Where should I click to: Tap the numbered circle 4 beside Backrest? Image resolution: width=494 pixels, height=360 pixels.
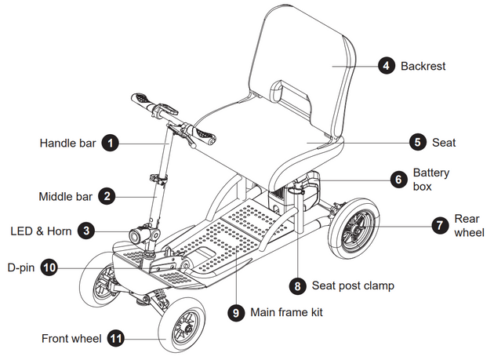386,66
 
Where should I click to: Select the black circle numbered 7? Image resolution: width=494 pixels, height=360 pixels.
439,225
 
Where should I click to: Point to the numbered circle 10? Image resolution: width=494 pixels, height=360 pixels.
49,267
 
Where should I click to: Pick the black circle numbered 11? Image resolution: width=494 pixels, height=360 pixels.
116,339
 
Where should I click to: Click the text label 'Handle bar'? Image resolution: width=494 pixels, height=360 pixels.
68,144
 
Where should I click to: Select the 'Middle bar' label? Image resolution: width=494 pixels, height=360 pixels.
66,196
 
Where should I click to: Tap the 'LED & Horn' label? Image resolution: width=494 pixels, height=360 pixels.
41,231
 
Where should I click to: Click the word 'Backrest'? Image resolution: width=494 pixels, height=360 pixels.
423,66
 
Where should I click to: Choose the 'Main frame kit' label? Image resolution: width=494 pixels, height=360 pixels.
285,312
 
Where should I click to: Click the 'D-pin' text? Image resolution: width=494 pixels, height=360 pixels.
20,267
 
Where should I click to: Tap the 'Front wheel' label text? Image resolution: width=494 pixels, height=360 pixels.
71,339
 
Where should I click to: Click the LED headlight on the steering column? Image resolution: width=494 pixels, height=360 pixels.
143,235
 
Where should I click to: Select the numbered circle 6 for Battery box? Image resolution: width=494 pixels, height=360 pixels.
398,178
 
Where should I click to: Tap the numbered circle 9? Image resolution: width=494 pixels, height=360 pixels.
235,312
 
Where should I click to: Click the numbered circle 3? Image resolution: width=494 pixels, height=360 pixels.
88,231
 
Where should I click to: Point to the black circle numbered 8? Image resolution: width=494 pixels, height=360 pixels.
298,285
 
